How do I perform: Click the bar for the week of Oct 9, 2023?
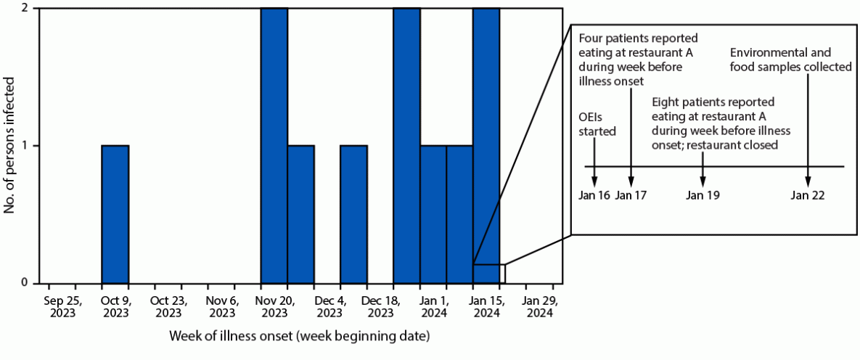coord(115,214)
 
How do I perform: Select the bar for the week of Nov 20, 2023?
coord(274,145)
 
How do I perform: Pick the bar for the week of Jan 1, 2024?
coord(433,214)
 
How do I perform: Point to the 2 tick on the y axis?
coord(26,9)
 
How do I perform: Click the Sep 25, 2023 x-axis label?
coord(63,306)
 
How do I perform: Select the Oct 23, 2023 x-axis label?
coord(168,306)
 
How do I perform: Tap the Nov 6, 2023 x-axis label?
coord(221,306)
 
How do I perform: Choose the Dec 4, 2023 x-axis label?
coord(328,306)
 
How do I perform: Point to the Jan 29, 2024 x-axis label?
coord(539,306)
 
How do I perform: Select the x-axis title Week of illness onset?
coord(299,337)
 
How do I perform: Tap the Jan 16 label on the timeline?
coord(594,195)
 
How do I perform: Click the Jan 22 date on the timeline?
coord(808,195)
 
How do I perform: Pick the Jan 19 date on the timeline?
coord(703,195)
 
